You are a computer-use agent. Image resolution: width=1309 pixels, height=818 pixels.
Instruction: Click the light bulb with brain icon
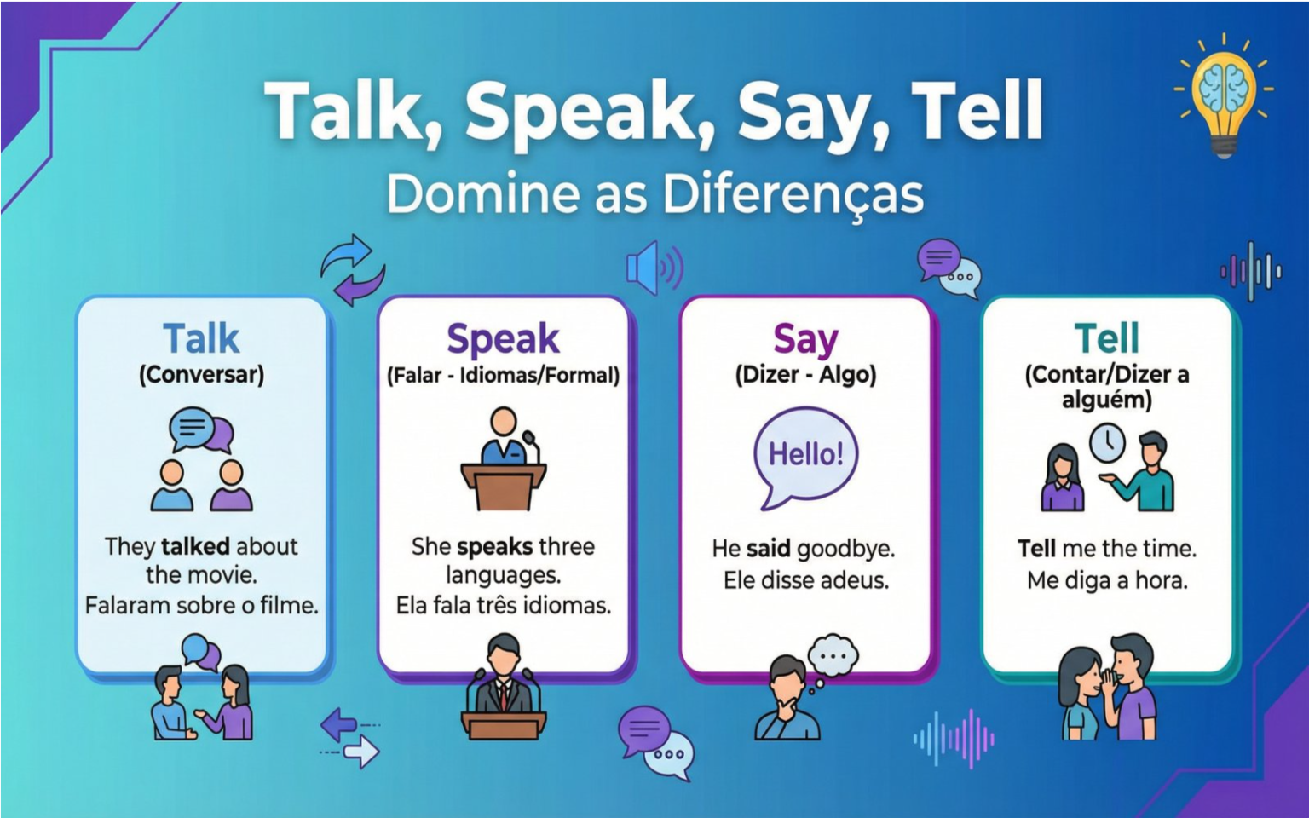click(1224, 95)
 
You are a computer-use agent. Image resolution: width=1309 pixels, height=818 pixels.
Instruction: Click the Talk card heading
click(201, 338)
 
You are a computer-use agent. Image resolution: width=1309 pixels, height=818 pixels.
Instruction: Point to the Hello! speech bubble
click(805, 456)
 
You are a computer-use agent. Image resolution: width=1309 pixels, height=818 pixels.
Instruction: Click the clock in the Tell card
click(1108, 441)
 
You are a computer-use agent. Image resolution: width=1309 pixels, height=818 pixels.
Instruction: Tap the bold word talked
click(195, 546)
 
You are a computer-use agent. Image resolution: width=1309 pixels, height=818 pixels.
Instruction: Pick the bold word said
click(768, 548)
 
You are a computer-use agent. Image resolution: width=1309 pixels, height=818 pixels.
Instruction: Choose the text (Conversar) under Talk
click(201, 375)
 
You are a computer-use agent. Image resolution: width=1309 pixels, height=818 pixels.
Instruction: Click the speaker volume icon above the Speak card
click(654, 268)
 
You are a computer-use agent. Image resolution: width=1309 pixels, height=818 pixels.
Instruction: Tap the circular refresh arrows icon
click(353, 270)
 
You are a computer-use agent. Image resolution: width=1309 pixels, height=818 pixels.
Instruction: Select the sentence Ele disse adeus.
click(805, 580)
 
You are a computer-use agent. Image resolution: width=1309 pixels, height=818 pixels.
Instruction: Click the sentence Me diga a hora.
click(1107, 580)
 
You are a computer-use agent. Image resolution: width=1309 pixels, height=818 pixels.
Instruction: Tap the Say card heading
click(805, 338)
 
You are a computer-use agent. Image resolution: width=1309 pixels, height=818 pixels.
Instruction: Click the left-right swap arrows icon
click(350, 737)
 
